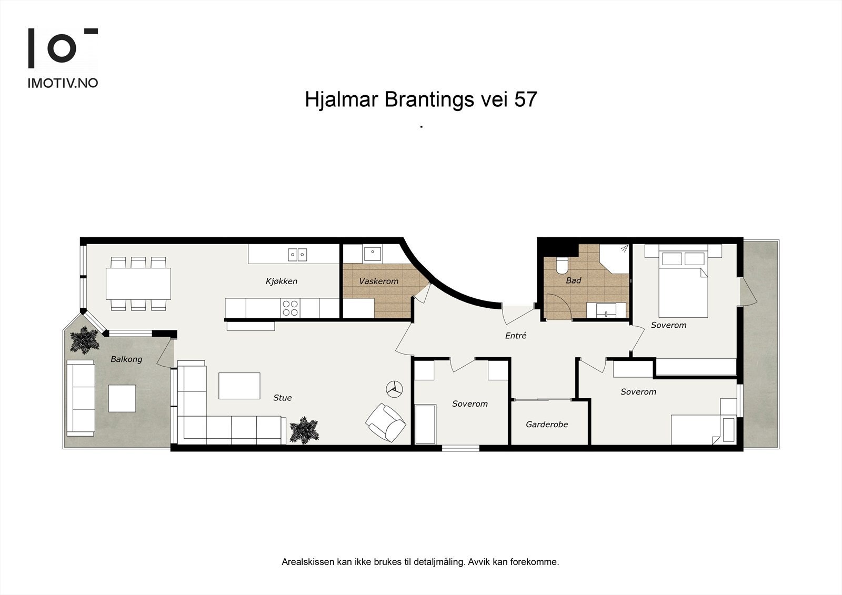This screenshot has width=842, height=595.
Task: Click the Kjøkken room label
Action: point(282,281)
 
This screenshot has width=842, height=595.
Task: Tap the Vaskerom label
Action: point(378,281)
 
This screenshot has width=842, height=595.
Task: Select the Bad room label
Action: point(573,280)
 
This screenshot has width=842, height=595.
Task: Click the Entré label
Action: point(516,336)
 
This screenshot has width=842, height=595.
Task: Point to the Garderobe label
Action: point(547,425)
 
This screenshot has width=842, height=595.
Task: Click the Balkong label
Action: point(126,359)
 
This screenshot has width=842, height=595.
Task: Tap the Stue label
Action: point(283,398)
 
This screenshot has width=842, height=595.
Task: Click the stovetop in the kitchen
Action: point(290,308)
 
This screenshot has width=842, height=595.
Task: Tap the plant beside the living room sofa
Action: point(304,430)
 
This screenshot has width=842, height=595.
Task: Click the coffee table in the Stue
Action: point(239,386)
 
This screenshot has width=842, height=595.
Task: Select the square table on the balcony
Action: point(122,398)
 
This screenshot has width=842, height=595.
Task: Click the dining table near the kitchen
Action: point(138,284)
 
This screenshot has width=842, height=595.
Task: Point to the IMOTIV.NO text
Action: point(63,83)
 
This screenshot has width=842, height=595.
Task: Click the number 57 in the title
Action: point(525,99)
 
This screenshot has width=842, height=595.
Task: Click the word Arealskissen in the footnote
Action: point(308,562)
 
